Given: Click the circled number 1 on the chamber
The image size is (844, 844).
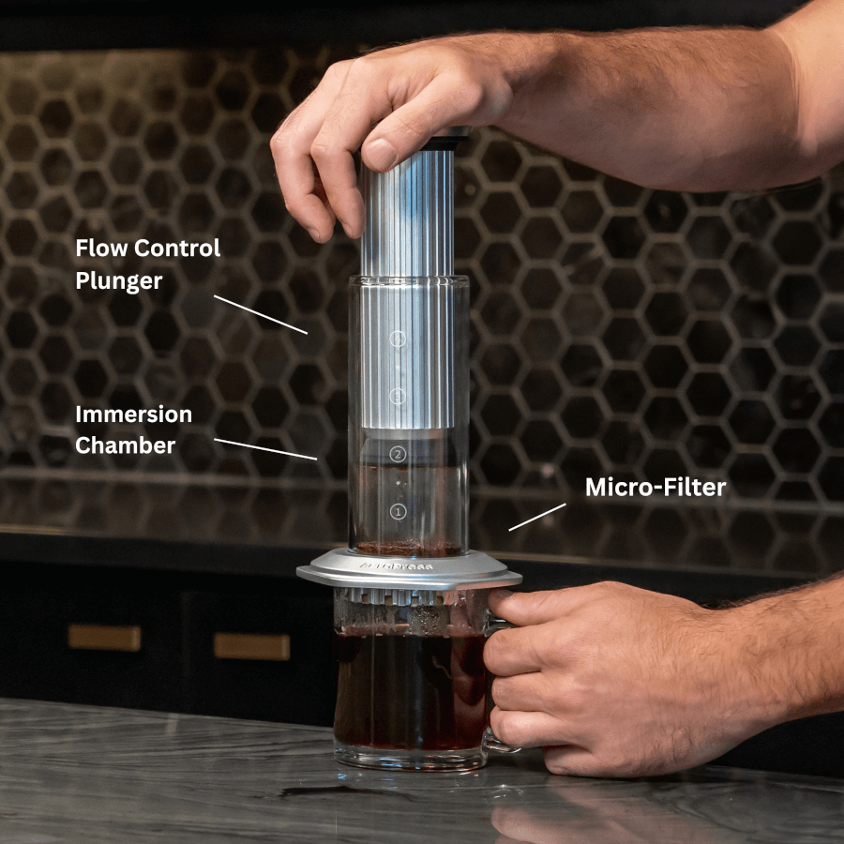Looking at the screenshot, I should tap(398, 512).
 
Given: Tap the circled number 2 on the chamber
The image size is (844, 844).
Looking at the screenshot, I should tap(398, 454).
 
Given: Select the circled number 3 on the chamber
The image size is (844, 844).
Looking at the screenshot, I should tap(398, 396).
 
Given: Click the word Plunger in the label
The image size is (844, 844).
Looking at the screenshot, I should tap(119, 280).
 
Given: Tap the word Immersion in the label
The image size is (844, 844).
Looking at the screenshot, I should tap(133, 414).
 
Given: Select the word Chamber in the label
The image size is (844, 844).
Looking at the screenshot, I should tap(125, 445).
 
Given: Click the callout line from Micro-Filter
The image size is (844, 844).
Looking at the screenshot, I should tap(537, 517).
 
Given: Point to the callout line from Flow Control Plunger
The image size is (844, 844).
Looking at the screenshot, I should tap(260, 314).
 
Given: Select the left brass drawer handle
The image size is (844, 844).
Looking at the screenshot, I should tap(104, 638).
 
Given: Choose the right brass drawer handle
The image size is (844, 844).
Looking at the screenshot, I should tap(251, 646).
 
